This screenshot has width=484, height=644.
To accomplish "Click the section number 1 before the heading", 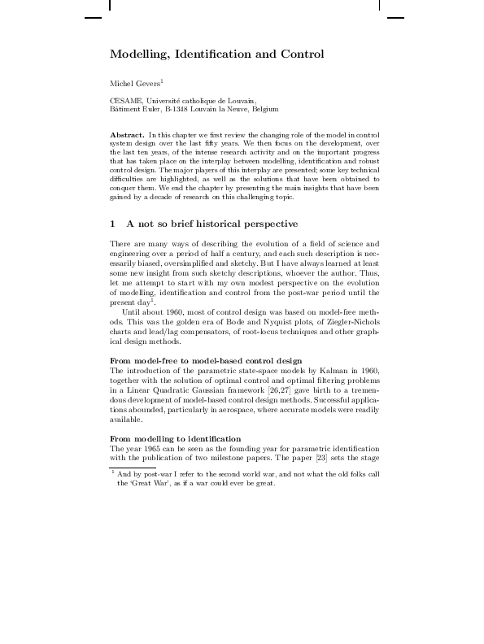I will (113, 224).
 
